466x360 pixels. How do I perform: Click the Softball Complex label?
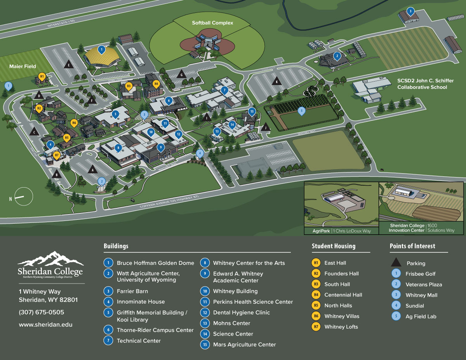212,23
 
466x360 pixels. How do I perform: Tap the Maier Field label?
23,66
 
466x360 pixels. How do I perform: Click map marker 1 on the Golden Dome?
101,50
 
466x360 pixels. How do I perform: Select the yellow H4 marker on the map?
156,83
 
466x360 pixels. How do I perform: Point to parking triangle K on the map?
277,82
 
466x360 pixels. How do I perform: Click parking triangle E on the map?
69,65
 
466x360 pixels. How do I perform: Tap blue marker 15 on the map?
252,112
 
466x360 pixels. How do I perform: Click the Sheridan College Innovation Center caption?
406,228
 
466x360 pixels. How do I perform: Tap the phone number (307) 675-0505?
42,312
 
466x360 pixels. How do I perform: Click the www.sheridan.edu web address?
45,325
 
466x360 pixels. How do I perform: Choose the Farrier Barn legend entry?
132,291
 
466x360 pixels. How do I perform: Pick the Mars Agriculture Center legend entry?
244,344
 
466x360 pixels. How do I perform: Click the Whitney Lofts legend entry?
341,327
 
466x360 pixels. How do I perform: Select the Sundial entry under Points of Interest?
415,306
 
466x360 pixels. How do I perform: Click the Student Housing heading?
333,246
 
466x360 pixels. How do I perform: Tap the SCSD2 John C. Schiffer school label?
425,84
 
